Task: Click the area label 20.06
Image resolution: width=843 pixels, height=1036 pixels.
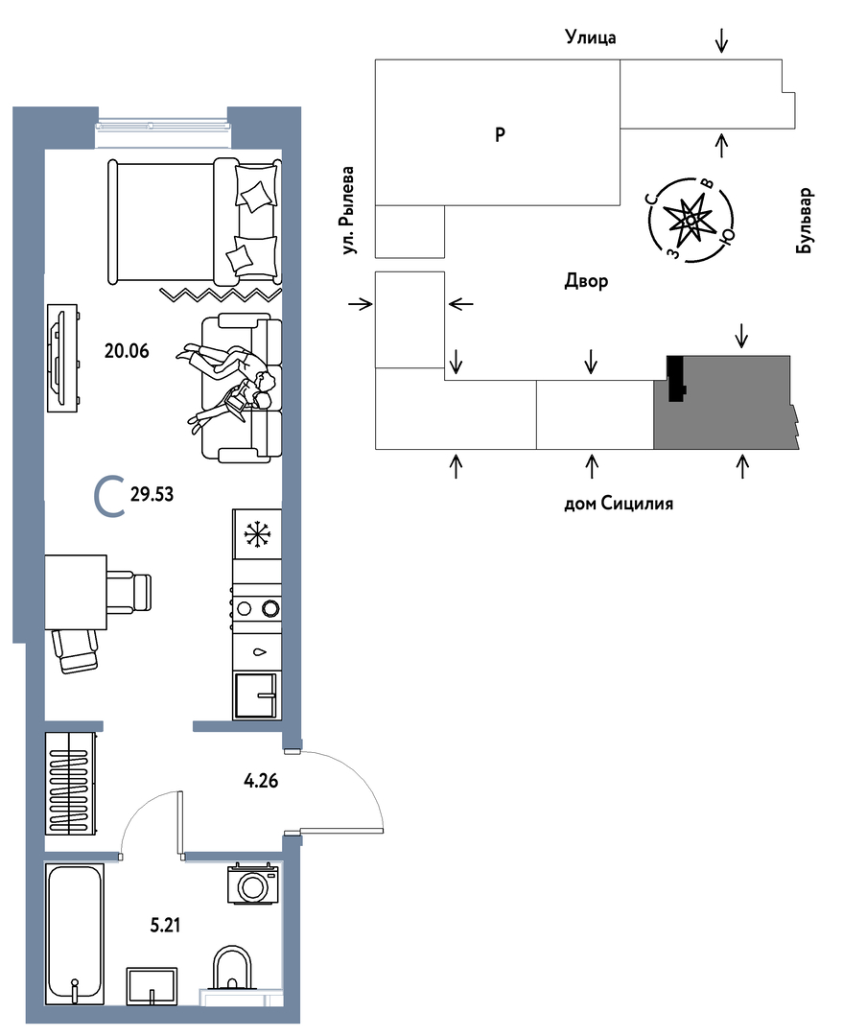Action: [127, 351]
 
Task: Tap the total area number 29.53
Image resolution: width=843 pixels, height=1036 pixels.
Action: [152, 494]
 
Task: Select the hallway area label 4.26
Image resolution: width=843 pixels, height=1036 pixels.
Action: [261, 781]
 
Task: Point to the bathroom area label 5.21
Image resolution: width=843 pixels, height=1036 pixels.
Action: [165, 925]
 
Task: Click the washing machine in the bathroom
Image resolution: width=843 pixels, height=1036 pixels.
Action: [253, 883]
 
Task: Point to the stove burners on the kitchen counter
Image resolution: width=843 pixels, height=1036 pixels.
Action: [257, 607]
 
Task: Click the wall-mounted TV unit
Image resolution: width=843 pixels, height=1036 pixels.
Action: [63, 358]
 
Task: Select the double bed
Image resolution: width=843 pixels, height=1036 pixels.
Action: [194, 222]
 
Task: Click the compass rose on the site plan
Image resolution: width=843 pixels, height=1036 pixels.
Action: [691, 219]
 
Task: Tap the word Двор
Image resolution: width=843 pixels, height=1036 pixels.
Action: [586, 281]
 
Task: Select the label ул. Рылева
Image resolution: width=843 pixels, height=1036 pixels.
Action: [348, 211]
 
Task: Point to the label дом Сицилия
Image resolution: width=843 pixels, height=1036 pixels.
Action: [619, 504]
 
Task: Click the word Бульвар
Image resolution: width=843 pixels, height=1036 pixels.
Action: [805, 221]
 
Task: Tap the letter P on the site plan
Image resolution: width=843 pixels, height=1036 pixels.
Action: [500, 135]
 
